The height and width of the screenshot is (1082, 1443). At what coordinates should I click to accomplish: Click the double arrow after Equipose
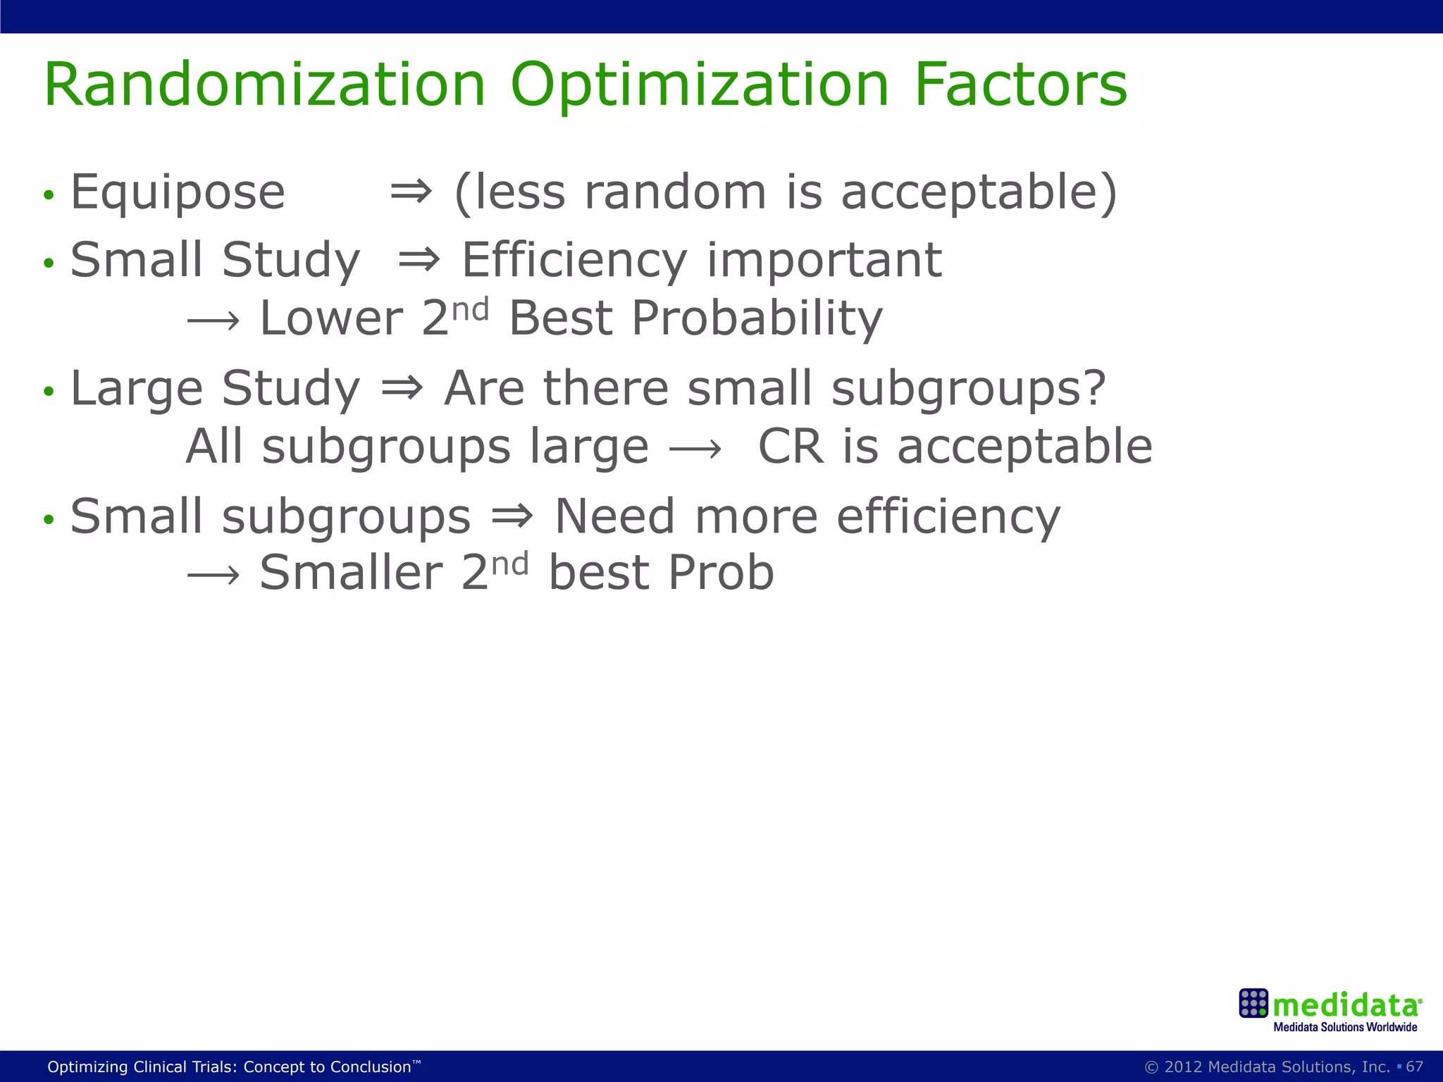pyautogui.click(x=411, y=192)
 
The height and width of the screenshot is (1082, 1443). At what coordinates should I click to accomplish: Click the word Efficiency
pyautogui.click(x=574, y=261)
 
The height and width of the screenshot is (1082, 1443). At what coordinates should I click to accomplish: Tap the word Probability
pyautogui.click(x=757, y=318)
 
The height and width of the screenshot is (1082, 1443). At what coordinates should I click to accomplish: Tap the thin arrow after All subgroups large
pyautogui.click(x=695, y=449)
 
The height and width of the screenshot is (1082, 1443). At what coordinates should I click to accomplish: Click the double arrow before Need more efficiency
pyautogui.click(x=512, y=516)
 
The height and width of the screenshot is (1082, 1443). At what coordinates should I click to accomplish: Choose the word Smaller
pyautogui.click(x=351, y=572)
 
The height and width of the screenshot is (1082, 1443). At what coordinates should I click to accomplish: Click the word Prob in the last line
pyautogui.click(x=721, y=572)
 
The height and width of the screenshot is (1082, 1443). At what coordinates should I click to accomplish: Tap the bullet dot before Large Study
pyautogui.click(x=48, y=392)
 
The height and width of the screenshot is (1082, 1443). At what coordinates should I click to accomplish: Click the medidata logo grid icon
pyautogui.click(x=1253, y=1003)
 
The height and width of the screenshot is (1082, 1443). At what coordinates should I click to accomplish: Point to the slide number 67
pyautogui.click(x=1414, y=1067)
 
